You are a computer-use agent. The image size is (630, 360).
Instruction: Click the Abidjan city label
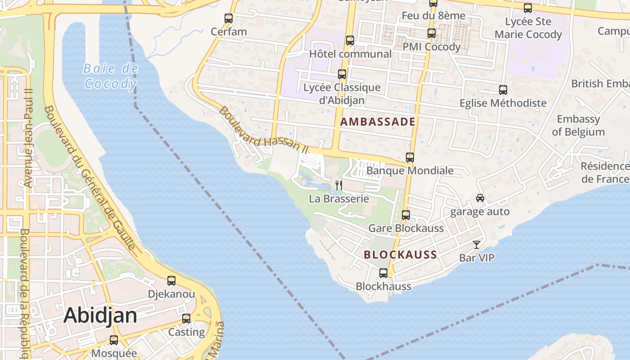point(100,315)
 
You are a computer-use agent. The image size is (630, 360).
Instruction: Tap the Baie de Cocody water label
point(111,76)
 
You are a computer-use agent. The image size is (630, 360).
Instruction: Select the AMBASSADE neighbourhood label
point(378,121)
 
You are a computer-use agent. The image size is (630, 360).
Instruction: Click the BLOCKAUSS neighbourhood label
point(400,255)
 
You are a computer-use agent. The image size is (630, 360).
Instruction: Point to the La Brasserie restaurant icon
point(339,185)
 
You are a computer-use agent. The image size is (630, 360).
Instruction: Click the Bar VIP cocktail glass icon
point(477,245)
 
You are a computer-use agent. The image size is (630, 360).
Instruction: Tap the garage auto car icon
point(480,198)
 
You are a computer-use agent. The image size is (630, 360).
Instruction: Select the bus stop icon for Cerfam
point(229,18)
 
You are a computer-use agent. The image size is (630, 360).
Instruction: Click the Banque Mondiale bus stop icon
point(410,157)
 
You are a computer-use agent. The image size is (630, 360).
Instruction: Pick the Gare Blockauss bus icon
point(406,215)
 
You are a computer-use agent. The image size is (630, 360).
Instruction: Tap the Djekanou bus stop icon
point(171,281)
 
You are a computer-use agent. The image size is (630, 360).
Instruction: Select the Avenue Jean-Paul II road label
point(28,137)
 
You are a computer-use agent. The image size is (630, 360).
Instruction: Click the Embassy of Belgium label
point(578,126)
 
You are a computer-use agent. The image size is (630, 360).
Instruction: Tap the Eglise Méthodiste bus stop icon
point(503,90)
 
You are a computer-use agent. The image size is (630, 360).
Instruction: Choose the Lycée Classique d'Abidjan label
point(342,94)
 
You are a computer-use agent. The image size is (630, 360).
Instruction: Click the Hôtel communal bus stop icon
point(350,40)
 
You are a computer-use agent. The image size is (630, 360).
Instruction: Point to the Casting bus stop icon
point(186,319)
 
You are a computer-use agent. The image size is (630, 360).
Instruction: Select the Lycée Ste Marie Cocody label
point(528,28)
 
